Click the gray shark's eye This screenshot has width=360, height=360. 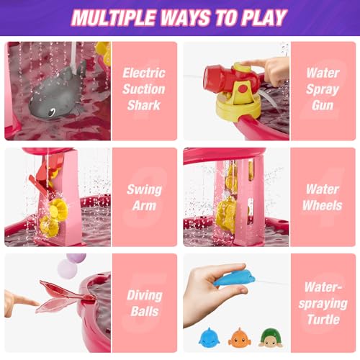click(52, 112)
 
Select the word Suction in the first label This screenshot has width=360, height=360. click(144, 89)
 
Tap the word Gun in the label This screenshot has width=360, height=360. click(323, 105)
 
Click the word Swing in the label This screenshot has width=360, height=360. click(144, 190)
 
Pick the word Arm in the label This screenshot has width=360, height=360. click(144, 206)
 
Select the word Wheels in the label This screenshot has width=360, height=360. click(322, 206)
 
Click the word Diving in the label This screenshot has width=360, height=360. click(145, 295)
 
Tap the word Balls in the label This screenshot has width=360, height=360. click(145, 312)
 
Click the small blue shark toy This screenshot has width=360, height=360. click(209, 337)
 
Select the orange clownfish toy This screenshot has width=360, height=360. click(239, 337)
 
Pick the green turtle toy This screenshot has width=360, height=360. click(271, 338)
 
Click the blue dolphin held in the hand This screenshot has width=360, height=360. click(235, 278)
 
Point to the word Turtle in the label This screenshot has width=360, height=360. click(323, 320)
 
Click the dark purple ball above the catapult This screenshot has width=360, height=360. click(76, 258)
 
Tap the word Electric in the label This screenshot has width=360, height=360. click(144, 73)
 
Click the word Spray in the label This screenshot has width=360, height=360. click(323, 90)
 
